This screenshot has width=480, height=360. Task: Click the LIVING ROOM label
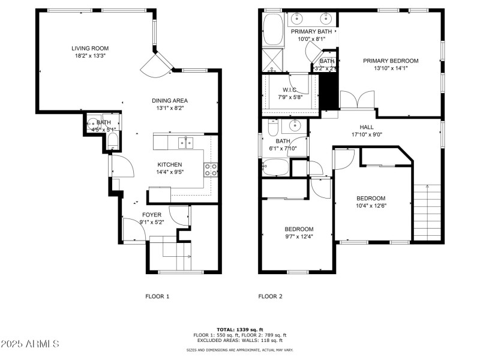90,49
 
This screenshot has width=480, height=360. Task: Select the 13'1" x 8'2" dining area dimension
169,109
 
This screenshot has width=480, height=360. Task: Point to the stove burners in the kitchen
211,170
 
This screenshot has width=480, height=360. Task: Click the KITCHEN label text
170,164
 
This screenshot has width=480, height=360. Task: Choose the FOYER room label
151,214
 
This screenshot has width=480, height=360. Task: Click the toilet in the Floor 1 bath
112,142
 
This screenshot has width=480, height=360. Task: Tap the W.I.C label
289,89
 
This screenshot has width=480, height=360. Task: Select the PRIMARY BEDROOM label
391,61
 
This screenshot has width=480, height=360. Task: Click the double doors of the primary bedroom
358,100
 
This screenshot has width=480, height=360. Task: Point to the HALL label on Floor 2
367,127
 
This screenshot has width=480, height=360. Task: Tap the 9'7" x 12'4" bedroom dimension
299,236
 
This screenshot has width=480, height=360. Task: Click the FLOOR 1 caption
158,296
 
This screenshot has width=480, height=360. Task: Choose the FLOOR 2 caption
270,296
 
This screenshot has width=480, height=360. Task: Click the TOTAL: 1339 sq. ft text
240,329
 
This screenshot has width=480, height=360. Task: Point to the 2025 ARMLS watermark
30,344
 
